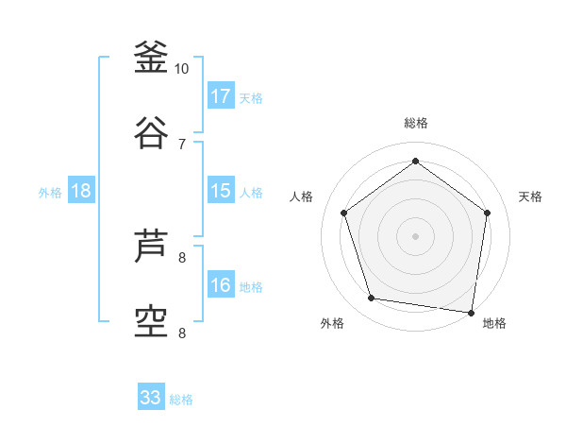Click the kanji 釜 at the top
[x=151, y=58]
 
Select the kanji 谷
[x=151, y=132]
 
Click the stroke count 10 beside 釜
[x=182, y=68]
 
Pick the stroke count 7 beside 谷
[x=182, y=144]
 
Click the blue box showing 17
[x=221, y=95]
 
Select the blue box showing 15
[x=221, y=191]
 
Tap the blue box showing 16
[x=221, y=285]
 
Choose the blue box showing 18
[x=81, y=191]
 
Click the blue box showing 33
[x=151, y=398]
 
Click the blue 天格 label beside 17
[x=251, y=97]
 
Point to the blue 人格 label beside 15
[x=251, y=193]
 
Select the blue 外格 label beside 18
[x=50, y=193]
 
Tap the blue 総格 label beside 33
[x=181, y=400]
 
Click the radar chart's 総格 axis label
[x=415, y=123]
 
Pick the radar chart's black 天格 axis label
[x=530, y=196]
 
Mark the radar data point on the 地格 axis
[x=471, y=312]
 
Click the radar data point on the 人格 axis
[x=343, y=213]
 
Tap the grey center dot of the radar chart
[x=415, y=235]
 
